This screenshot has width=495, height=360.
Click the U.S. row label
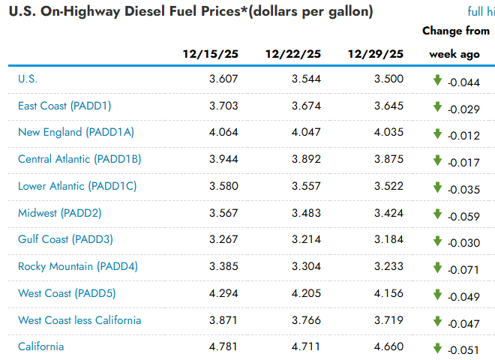click(x=28, y=79)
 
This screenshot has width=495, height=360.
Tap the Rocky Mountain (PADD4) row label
click(x=78, y=266)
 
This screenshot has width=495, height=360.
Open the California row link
click(x=41, y=346)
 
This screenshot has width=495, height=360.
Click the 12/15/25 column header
click(x=211, y=54)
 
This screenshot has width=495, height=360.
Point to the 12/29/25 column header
click(x=376, y=54)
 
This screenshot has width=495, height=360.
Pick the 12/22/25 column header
click(x=293, y=54)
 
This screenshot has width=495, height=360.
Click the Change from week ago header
click(x=455, y=43)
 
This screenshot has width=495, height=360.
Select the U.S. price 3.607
click(x=223, y=79)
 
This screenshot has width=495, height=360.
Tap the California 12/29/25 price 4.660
click(x=388, y=346)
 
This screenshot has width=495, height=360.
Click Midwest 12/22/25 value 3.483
click(x=306, y=212)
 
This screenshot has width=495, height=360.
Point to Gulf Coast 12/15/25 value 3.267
click(x=223, y=239)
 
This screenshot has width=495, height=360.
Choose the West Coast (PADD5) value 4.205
click(x=306, y=293)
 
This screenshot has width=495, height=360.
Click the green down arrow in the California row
click(x=438, y=347)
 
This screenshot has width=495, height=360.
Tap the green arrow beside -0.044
click(x=438, y=80)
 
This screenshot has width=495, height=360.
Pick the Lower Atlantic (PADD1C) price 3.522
click(x=388, y=186)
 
